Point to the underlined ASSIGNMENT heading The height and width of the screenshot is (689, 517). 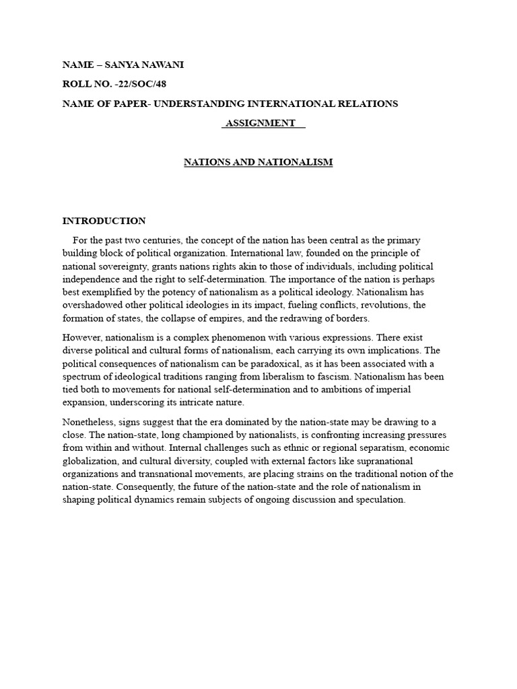[x=260, y=123]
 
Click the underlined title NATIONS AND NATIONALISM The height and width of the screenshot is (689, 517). [x=258, y=162]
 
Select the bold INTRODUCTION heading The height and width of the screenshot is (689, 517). [x=104, y=221]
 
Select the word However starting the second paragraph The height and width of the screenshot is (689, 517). [x=82, y=337]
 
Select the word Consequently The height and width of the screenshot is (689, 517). [x=145, y=486]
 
